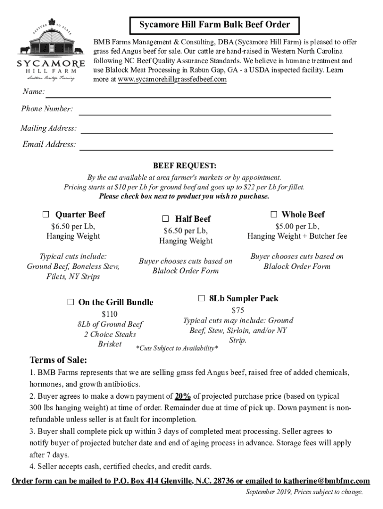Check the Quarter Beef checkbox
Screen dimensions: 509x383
pyautogui.click(x=46, y=215)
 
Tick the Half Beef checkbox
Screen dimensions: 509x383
pyautogui.click(x=165, y=219)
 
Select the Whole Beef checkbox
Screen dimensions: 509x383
pyautogui.click(x=274, y=214)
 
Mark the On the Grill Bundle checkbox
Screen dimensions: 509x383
pyautogui.click(x=70, y=302)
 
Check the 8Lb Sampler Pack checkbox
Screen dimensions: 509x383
pyautogui.click(x=201, y=298)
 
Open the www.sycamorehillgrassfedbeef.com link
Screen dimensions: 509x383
pyautogui.click(x=172, y=80)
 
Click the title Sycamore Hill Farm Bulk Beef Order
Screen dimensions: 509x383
pyautogui.click(x=214, y=24)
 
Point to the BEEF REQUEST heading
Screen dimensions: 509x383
pyautogui.click(x=184, y=166)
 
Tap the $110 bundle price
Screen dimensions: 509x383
pyautogui.click(x=109, y=314)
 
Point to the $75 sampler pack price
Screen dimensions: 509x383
pyautogui.click(x=238, y=310)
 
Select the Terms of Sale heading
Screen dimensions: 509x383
pyautogui.click(x=58, y=360)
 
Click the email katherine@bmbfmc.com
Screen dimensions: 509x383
pyautogui.click(x=326, y=481)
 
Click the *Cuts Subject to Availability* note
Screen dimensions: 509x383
pyautogui.click(x=177, y=348)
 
